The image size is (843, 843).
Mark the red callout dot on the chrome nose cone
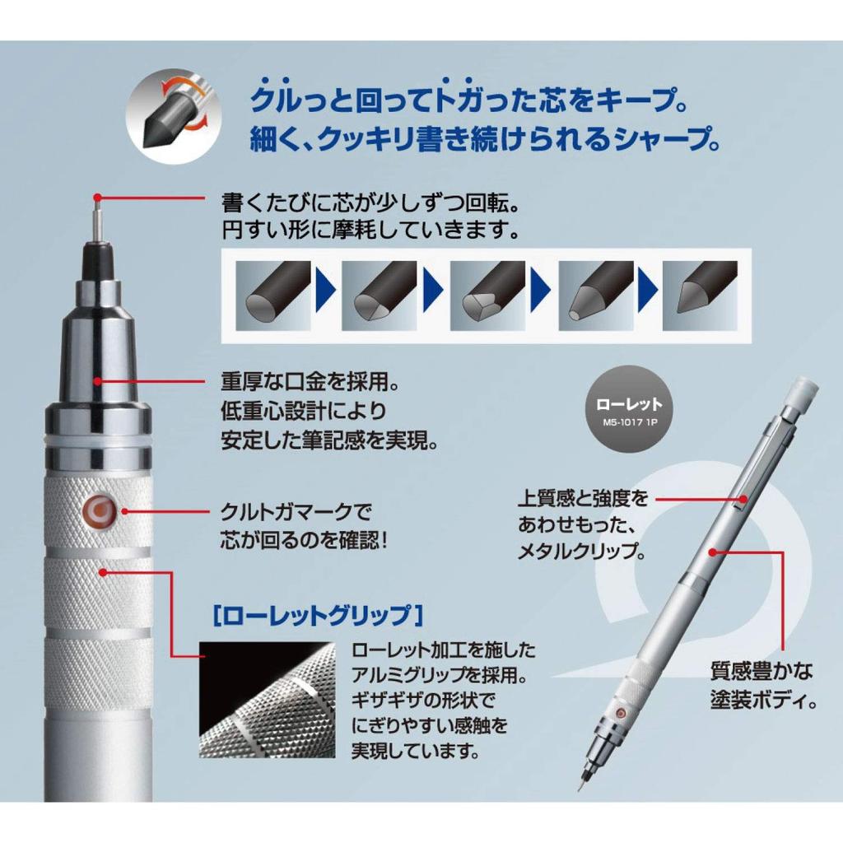tap(99, 380)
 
